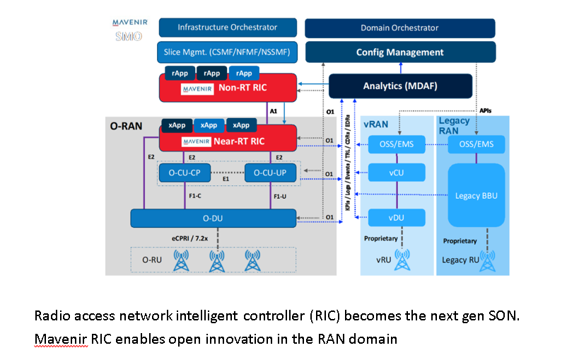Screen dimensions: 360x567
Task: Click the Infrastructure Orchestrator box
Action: [x=227, y=28]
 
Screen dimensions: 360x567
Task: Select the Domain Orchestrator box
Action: [x=399, y=28]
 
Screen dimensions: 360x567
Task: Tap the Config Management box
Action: [x=399, y=52]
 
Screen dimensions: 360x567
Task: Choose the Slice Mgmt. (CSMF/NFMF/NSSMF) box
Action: [x=227, y=51]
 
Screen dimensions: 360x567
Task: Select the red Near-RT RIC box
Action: [x=227, y=141]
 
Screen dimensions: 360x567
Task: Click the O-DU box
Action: [x=213, y=218]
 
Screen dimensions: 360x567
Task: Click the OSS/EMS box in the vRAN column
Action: [x=396, y=144]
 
